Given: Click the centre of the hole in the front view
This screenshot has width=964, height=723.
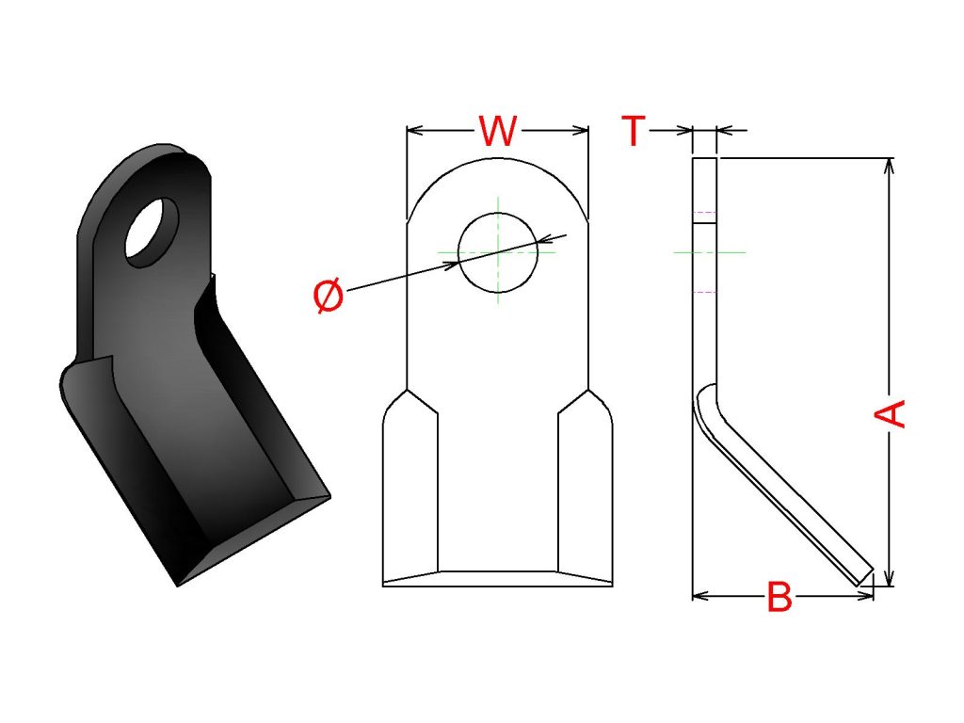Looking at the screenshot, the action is coord(498,252).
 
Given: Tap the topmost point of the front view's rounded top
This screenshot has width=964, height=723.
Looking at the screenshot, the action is coord(498,157).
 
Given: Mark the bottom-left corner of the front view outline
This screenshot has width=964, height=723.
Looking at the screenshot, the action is coord(383,586).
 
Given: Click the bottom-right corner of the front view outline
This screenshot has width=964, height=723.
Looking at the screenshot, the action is coord(612,586).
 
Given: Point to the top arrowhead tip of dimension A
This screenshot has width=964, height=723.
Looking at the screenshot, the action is coord(889,158).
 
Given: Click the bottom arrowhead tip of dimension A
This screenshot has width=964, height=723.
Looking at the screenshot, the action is coord(889,586).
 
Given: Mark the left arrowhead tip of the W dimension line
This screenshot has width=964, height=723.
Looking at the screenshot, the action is coord(407,130).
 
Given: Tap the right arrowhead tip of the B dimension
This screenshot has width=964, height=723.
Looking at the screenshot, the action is coord(873,596).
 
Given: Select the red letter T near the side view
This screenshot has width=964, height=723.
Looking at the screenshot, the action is coord(634,130).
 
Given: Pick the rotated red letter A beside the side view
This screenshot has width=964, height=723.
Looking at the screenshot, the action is coord(890,413).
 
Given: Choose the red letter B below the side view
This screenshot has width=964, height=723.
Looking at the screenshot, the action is coord(779,596).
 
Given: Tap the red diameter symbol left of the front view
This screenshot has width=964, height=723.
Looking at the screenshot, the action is coord(329,296).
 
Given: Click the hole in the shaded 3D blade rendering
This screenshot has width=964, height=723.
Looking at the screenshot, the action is coord(152,233).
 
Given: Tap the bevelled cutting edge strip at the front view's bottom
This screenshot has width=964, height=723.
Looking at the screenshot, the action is coord(498,579).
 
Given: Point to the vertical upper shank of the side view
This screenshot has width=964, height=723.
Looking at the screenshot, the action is coord(704,270).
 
